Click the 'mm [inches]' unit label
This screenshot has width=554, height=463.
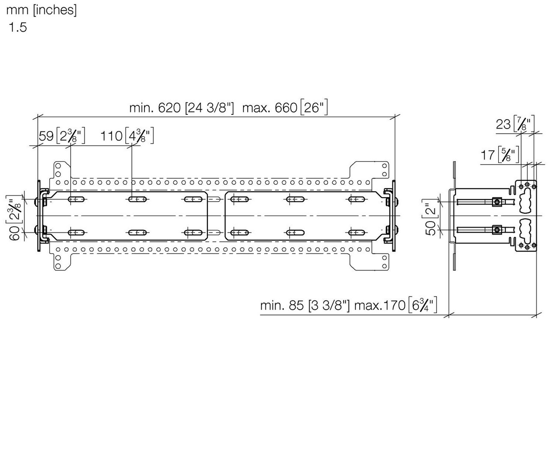point(42,10)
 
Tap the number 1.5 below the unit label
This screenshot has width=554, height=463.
point(18,27)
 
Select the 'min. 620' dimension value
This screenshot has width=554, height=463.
point(155,108)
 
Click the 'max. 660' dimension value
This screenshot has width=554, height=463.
point(270,108)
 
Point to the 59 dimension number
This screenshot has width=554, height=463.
point(46,136)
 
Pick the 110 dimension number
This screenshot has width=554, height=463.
point(111,136)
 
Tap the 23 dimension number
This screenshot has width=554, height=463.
point(503,124)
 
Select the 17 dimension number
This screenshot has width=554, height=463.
point(488,155)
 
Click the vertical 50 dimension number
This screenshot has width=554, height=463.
point(431,228)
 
